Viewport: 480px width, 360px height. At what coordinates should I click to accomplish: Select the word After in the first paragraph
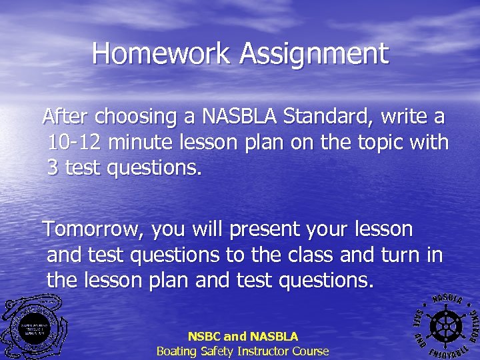(x=66, y=117)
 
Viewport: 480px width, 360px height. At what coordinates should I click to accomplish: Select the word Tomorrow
(x=94, y=230)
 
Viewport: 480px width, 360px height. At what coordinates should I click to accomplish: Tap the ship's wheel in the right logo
(x=445, y=323)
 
